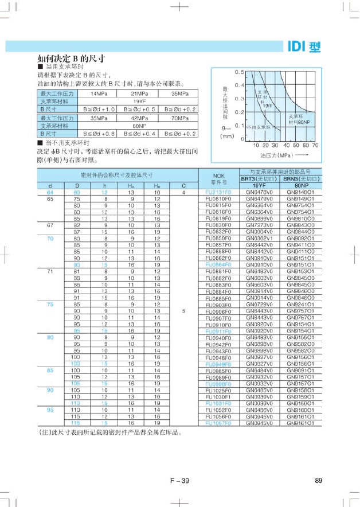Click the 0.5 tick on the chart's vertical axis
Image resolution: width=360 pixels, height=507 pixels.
click(240, 72)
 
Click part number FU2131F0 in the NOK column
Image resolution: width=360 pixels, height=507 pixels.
click(218, 192)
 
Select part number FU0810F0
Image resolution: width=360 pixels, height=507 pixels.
click(218, 198)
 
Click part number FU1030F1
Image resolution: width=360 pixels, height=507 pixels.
click(218, 397)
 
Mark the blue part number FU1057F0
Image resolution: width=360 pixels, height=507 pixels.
click(218, 423)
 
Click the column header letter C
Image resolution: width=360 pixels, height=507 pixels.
click(183, 186)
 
